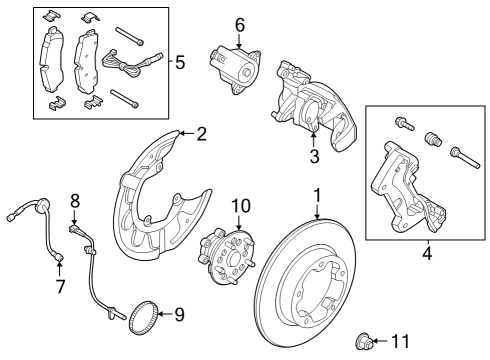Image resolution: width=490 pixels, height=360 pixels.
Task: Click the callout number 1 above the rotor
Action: coord(317,195)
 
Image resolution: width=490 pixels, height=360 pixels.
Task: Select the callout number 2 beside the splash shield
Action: coord(201,132)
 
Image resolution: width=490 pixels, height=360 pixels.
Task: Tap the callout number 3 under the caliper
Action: coord(313,156)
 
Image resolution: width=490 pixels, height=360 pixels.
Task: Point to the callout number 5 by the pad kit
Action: coord(179,62)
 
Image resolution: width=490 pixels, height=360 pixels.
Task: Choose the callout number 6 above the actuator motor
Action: coord(239,24)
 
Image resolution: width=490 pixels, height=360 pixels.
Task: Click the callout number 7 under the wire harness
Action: coord(59,288)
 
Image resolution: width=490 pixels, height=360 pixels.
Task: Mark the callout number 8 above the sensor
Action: coord(74,201)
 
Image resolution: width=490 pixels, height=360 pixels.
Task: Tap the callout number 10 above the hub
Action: coord(239,207)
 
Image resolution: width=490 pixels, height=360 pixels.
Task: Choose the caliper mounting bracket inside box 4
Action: coord(405,195)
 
